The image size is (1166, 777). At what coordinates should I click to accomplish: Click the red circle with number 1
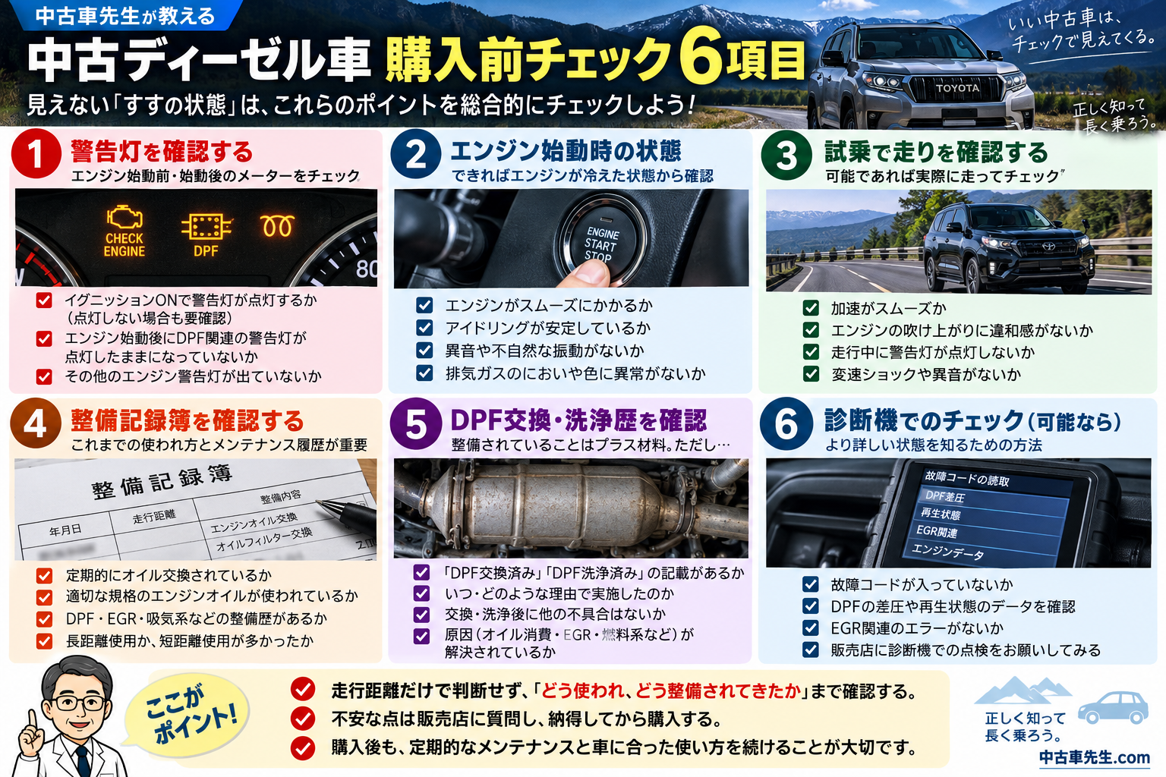pos(36,154)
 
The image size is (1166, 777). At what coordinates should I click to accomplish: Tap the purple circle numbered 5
pos(415,423)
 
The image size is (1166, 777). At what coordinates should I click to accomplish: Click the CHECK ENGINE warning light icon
pos(124,219)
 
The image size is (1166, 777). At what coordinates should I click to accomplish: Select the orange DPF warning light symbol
pos(206,226)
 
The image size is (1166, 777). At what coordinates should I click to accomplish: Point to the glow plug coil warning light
pos(277,226)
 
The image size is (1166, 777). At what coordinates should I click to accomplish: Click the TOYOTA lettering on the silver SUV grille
pos(957,88)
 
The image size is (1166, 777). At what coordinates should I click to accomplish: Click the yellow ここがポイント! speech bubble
pos(190,711)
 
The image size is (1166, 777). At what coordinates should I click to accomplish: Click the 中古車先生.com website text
pos(1094,758)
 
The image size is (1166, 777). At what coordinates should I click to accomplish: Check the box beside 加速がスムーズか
pos(811,308)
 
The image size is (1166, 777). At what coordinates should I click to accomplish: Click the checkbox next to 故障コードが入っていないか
pos(810,584)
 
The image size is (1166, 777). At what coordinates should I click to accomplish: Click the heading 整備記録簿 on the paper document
pos(162,481)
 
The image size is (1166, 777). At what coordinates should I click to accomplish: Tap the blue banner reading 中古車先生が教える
pos(125,16)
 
